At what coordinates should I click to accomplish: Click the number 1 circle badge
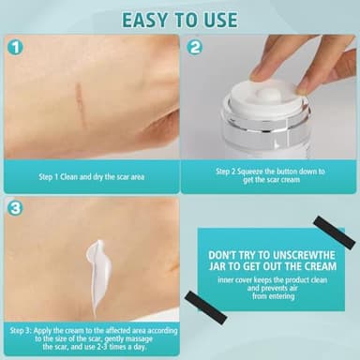[15, 48]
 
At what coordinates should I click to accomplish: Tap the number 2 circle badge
[194, 48]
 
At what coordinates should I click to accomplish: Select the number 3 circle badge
[15, 208]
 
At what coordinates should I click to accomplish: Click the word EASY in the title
[144, 20]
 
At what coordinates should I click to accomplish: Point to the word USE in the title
[220, 20]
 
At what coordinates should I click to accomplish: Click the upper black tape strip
[334, 231]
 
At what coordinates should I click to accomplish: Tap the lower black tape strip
[205, 307]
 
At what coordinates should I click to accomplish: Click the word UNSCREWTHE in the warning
[299, 255]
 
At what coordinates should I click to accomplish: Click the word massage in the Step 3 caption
[138, 339]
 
